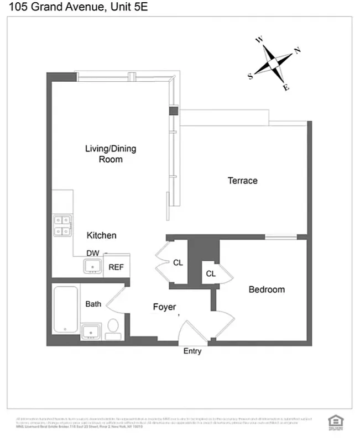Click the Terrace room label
pos(242,181)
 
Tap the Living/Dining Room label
pos(111,154)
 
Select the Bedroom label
pos(267,290)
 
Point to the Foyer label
pos(164,307)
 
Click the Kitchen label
pos(102,235)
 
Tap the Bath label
pos(93,304)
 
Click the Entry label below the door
pos(192,351)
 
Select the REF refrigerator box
pos(116,267)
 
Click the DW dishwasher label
pos(92,253)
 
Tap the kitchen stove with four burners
pos(62,225)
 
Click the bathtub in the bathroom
pos(65,310)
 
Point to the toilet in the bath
pos(113,329)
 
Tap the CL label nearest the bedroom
pos(211,274)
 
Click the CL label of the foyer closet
pos(178,263)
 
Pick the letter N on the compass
pos(298,51)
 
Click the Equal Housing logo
pos(333,420)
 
